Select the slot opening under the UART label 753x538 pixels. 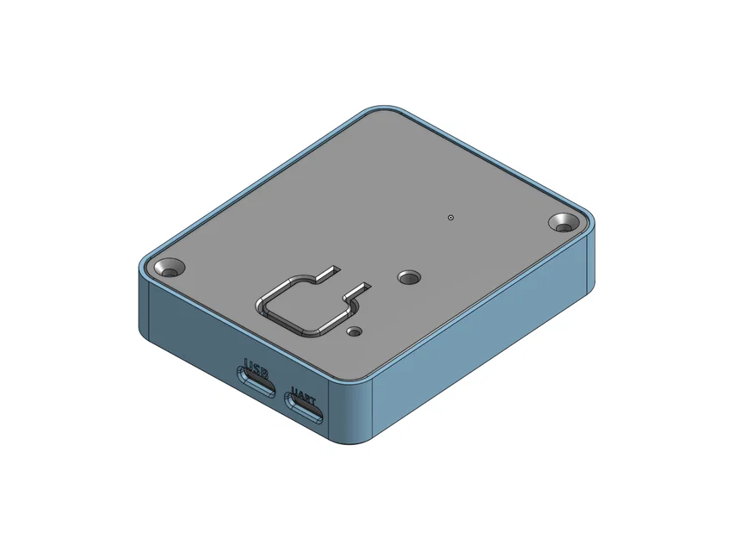coord(306,413)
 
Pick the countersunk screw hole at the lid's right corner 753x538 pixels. coord(565,223)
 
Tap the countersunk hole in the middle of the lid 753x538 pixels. coord(407,277)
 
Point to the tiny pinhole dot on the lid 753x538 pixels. coord(450,217)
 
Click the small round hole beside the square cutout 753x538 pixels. coord(354,330)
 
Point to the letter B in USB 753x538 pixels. coord(264,370)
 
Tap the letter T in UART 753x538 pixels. coord(312,403)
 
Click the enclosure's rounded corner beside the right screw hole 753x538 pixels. coord(589,250)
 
